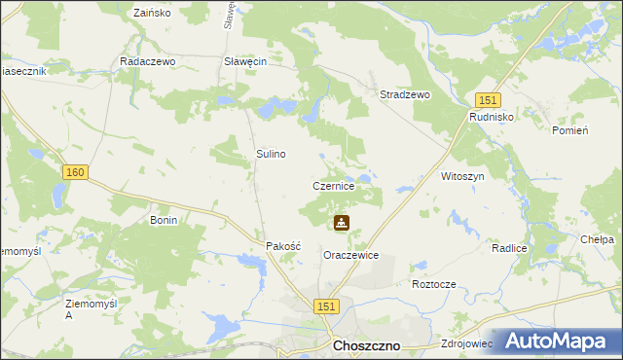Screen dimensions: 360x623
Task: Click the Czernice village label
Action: tap(340, 185)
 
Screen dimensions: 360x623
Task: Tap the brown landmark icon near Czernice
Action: tap(341, 224)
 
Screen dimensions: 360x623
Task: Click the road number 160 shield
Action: tap(76, 172)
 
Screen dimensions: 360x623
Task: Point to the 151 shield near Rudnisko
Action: tap(489, 100)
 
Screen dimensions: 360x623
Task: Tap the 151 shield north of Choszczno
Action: tap(326, 306)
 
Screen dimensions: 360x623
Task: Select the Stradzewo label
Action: tap(405, 95)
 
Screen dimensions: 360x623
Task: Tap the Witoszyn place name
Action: tap(462, 176)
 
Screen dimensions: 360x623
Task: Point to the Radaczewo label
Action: tap(146, 60)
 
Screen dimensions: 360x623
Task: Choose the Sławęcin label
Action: tap(245, 60)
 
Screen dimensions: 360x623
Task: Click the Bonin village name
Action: tap(163, 221)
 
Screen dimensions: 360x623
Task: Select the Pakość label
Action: tap(284, 247)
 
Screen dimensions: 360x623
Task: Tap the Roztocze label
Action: tap(434, 284)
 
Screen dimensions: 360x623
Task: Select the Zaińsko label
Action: tap(151, 14)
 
